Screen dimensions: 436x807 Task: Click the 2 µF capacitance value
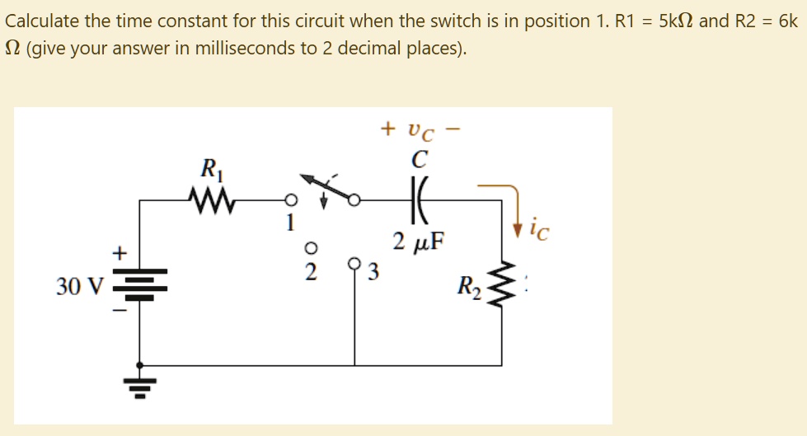tap(418, 242)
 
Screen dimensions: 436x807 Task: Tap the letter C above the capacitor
tap(417, 155)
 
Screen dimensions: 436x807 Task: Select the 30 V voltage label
tap(80, 287)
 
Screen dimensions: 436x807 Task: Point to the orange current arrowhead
tap(517, 225)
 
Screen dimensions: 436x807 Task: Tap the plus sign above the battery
tap(121, 251)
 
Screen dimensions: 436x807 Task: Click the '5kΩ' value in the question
tap(670, 21)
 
